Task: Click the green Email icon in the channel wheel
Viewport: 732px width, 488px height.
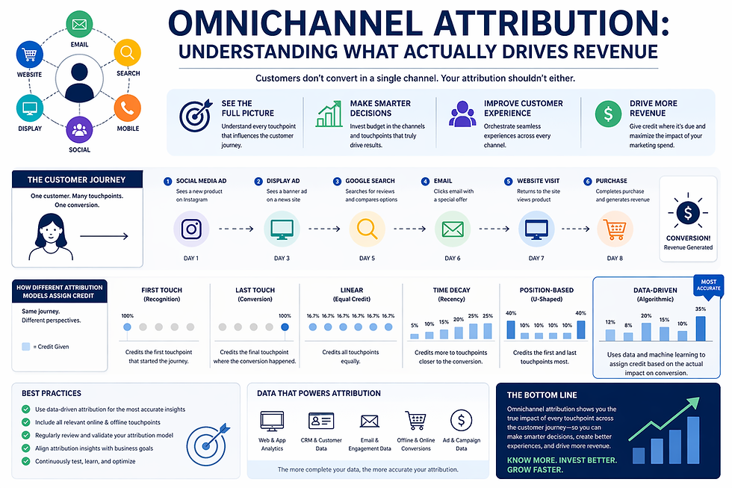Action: tap(79, 24)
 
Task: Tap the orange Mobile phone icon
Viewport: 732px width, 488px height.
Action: tap(127, 109)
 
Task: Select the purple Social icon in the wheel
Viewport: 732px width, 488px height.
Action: tap(79, 129)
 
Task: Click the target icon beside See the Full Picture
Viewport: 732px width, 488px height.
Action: tap(195, 115)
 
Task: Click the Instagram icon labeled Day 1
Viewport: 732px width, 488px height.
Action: tap(190, 229)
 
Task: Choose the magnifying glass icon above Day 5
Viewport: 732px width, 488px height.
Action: tap(367, 229)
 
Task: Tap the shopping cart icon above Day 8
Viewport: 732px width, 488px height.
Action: tap(614, 229)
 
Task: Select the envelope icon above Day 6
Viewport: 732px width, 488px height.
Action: tap(453, 229)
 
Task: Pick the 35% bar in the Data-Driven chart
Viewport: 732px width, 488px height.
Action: tap(700, 328)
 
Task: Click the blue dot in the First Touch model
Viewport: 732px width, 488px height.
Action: tap(126, 327)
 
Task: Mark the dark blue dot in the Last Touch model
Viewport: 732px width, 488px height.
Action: tap(284, 327)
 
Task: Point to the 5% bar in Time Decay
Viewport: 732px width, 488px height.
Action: tap(415, 336)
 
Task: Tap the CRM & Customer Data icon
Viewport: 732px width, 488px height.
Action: tap(321, 421)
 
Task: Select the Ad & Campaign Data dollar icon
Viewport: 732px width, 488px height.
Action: tap(461, 421)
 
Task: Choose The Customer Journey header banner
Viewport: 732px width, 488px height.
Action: tap(76, 180)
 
